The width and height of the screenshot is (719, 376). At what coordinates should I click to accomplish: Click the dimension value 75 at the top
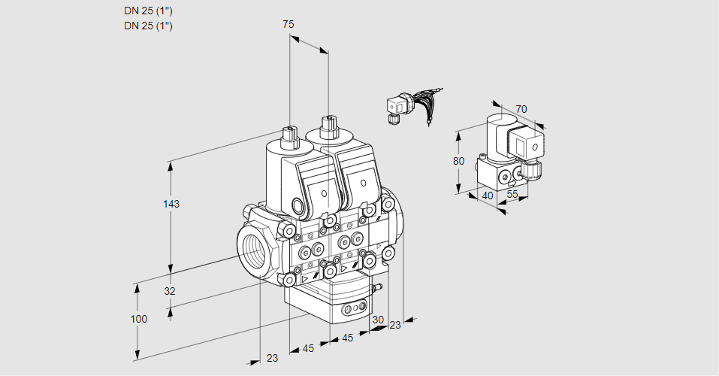(289, 25)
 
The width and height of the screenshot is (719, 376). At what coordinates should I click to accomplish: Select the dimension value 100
(138, 319)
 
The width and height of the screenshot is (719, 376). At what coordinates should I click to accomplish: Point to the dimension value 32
(170, 291)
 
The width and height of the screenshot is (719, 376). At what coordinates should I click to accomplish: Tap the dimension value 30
(377, 319)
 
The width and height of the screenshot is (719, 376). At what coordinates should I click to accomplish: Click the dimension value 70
(521, 109)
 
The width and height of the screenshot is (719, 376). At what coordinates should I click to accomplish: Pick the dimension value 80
(458, 161)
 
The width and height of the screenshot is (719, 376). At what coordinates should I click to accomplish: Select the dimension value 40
(487, 195)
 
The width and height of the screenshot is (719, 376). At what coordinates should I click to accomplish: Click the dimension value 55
(512, 194)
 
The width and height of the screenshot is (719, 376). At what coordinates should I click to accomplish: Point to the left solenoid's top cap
(289, 135)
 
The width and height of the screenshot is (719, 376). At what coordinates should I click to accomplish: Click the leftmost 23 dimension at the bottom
(272, 358)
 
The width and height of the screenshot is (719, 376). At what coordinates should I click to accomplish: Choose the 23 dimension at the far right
(395, 325)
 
